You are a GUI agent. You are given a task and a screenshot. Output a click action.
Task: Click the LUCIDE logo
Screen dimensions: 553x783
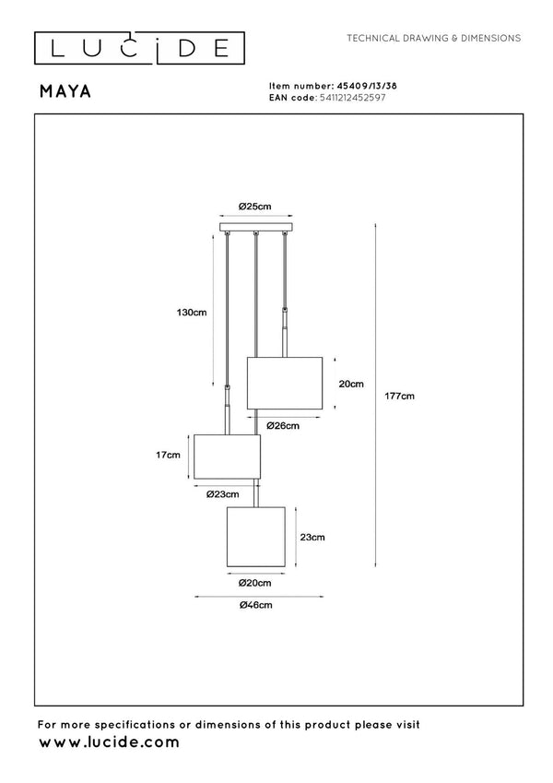139,49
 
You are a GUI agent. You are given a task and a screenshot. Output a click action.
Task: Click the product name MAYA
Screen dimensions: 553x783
65,91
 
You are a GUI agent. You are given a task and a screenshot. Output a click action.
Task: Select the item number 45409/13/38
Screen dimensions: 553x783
367,86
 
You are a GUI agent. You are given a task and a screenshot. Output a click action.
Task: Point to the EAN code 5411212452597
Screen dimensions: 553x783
353,98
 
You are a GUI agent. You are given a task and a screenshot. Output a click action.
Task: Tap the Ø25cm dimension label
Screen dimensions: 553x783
254,207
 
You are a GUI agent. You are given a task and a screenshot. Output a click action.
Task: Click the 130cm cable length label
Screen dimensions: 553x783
191,313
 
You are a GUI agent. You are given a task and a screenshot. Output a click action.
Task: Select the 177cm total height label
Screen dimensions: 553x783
399,396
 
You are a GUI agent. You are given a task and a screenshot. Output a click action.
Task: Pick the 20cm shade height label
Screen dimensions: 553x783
351,384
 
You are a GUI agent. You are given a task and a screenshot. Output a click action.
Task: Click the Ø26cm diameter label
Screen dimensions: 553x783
282,426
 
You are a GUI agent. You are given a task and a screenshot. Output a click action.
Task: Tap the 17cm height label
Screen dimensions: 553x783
168,455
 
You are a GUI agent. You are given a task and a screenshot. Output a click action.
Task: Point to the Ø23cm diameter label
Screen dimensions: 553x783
223,494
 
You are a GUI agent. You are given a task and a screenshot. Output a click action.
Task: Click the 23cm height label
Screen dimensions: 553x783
312,538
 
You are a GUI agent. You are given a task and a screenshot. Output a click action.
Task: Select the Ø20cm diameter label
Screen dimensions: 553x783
254,583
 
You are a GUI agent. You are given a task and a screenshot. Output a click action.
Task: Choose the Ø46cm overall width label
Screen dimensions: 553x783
255,605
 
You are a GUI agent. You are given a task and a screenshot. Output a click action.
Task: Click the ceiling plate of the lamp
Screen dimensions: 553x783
255,227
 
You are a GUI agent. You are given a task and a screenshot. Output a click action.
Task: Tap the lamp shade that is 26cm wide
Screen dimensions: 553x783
285,383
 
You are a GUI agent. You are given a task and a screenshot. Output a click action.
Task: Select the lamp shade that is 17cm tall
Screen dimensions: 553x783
227,457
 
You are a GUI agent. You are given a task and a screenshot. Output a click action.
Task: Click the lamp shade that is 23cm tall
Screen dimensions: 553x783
256,537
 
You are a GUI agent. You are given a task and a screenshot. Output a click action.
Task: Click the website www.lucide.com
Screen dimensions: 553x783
109,742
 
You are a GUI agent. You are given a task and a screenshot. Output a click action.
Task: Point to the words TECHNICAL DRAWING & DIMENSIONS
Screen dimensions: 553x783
434,38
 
